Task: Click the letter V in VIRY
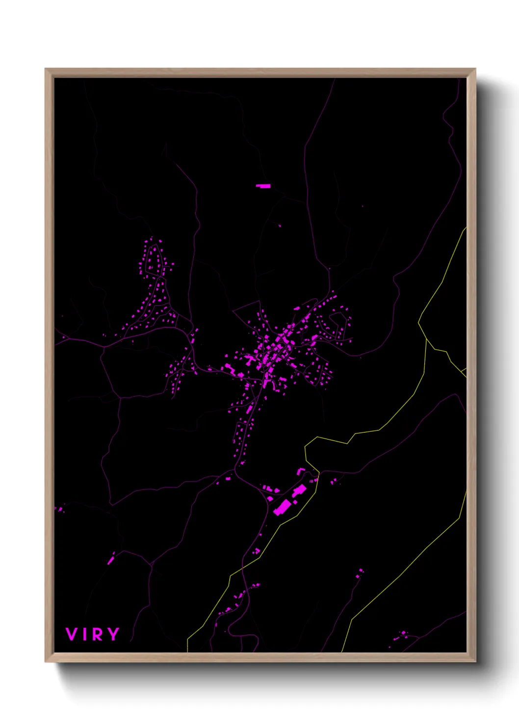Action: (72, 634)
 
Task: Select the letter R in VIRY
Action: (97, 634)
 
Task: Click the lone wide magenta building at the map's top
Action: (263, 186)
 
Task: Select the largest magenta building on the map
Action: (282, 507)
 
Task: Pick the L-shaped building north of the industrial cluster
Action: (300, 471)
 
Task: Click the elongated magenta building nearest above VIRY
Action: (111, 559)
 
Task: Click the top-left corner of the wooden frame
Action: (46, 69)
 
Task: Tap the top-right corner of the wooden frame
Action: (475, 69)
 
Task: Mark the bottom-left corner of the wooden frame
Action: (46, 662)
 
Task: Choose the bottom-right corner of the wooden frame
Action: (475, 662)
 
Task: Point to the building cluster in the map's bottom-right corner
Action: (400, 636)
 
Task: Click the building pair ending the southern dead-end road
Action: (360, 572)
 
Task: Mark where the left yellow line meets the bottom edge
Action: (187, 651)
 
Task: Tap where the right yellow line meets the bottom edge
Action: (342, 651)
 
